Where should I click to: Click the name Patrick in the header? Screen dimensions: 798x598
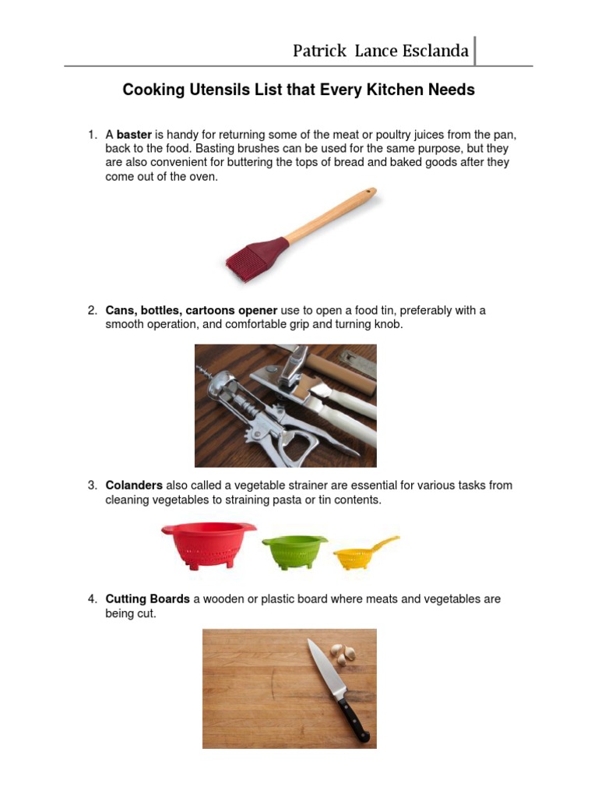pos(319,51)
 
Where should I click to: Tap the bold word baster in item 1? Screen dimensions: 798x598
pos(134,135)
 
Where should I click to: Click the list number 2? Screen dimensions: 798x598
pos(92,310)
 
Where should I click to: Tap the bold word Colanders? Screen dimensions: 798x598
pos(134,485)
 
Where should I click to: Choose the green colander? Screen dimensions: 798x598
pos(294,551)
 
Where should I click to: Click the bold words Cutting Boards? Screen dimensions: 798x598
pos(147,598)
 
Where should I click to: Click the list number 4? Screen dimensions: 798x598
pos(92,598)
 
